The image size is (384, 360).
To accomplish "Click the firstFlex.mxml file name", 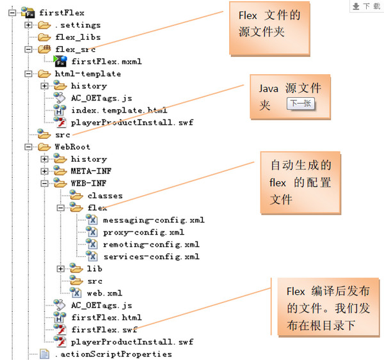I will (106, 61).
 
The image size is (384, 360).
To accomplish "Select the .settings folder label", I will (77, 25).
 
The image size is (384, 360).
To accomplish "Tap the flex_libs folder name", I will (77, 37).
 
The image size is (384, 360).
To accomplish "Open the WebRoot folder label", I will (72, 146).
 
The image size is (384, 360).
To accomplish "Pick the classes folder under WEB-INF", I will (104, 195).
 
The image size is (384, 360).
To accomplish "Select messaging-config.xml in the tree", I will (154, 220).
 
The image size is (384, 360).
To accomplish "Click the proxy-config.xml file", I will (143, 232).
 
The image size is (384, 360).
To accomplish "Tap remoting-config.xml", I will (151, 244).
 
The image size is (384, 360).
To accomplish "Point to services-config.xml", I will (151, 256).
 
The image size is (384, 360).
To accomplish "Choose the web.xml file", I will (104, 293).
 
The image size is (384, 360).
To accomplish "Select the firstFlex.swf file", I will (104, 329).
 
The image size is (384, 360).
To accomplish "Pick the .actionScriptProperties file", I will (113, 354).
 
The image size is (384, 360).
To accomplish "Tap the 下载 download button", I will (366, 6).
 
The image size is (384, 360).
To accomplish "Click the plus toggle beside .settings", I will (28, 25).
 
